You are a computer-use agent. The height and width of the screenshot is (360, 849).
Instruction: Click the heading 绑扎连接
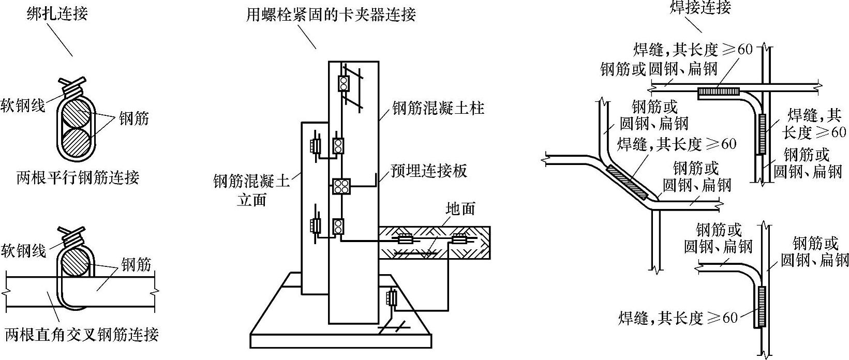coord(57,12)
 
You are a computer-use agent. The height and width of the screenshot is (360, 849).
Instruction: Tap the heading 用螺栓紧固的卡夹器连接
coord(331,14)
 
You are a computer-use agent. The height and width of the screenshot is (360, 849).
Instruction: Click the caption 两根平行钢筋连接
coord(78,177)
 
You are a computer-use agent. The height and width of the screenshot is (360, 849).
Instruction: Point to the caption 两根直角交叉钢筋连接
coord(81,334)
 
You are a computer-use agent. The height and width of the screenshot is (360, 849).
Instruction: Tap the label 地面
coord(460,208)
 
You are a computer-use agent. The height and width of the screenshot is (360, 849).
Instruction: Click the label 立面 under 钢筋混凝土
coord(251,200)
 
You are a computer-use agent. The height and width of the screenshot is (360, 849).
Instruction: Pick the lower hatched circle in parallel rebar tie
coord(77,140)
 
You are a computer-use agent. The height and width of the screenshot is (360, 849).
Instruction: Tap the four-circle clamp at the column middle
coord(341,187)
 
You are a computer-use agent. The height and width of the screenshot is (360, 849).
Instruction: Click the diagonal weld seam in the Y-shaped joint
coord(627,183)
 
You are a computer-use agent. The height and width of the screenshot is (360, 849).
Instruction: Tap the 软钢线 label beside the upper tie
coord(23,105)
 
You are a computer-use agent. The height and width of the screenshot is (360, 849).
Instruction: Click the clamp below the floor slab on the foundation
coord(392,298)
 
